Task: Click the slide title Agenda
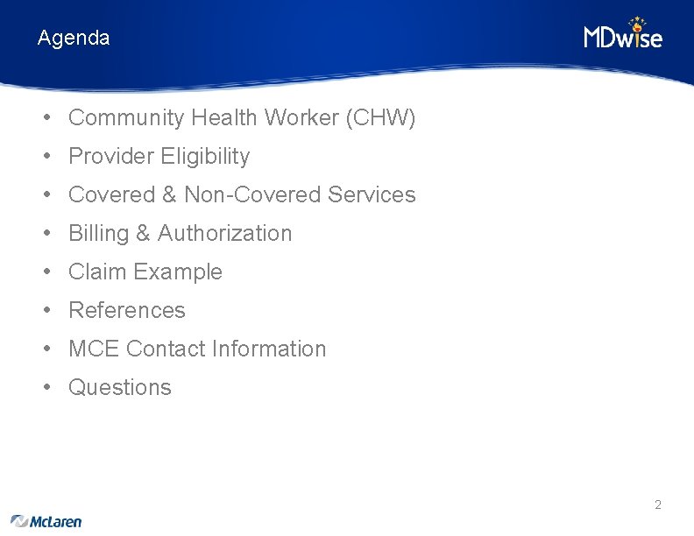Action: [x=74, y=39]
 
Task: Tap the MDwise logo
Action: [x=623, y=34]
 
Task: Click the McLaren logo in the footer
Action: [x=46, y=521]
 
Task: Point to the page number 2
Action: [x=657, y=504]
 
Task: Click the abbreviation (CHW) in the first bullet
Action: [x=381, y=117]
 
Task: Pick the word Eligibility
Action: [x=205, y=156]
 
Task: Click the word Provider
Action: [x=111, y=156]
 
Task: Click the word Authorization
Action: [x=224, y=233]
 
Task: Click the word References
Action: [x=127, y=310]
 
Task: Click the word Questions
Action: [x=120, y=387]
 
